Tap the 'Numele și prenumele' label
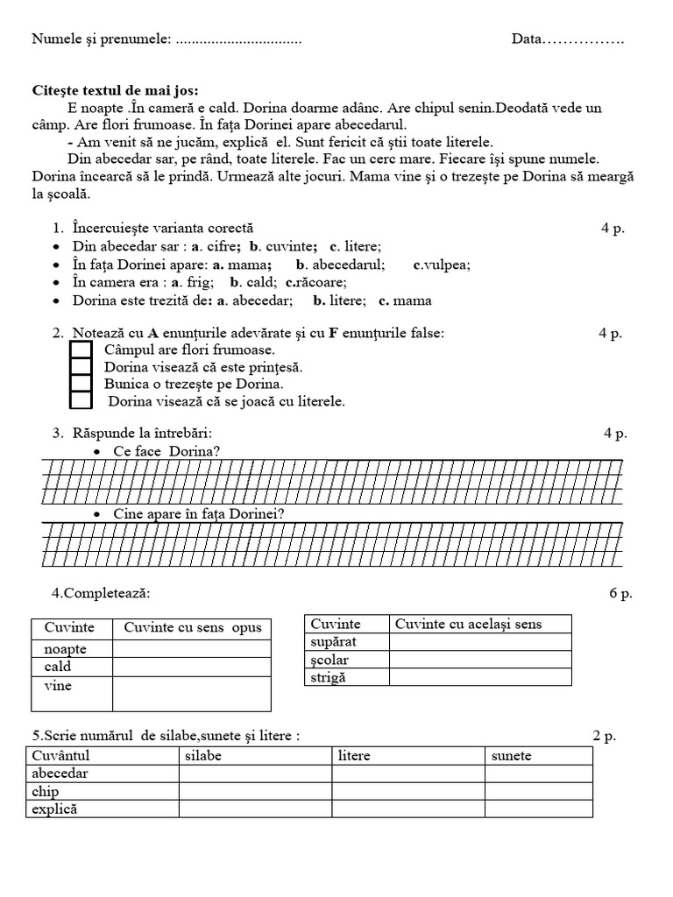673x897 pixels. [101, 39]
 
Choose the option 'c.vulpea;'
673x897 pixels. [442, 264]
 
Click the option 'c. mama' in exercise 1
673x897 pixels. [405, 300]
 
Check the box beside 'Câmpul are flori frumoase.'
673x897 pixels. [81, 350]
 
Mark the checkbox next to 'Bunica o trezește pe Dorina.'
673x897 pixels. [81, 384]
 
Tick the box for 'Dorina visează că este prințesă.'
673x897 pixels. [81, 367]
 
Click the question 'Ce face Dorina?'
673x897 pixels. [166, 451]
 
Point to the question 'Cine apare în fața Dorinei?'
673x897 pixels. [198, 513]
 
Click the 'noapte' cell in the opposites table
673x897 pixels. [66, 649]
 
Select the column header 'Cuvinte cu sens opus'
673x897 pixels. [193, 628]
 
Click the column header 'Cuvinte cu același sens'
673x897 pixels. [468, 624]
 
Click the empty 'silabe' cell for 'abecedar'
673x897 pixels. [255, 773]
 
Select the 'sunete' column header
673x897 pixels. [512, 755]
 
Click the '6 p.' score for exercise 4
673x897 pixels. [620, 593]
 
